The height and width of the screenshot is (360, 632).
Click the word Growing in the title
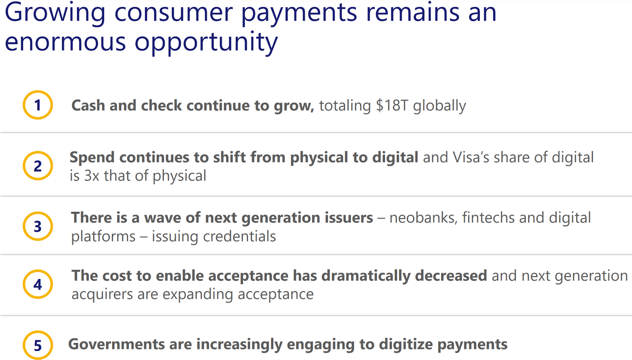(55, 13)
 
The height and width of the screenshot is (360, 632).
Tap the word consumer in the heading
(173, 13)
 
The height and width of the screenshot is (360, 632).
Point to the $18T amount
(392, 106)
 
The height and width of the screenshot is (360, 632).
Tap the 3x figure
(92, 176)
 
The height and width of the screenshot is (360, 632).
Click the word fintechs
(488, 218)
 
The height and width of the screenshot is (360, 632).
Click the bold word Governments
(116, 344)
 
